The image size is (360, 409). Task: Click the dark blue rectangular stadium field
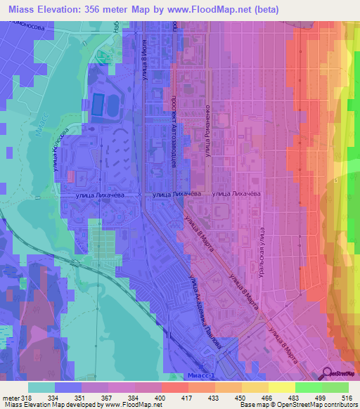[x=96, y=105]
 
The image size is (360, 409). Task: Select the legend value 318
[x=27, y=397]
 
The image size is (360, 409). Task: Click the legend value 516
[x=347, y=397]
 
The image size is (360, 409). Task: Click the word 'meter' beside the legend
[x=10, y=397]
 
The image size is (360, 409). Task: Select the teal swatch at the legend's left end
[x=41, y=387]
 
